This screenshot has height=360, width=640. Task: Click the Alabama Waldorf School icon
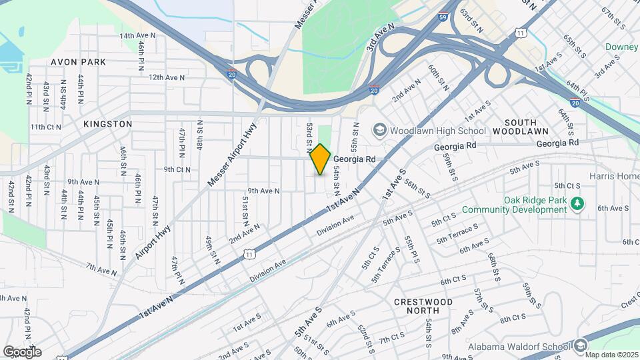pos(580,345)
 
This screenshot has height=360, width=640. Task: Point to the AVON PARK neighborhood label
pos(79,62)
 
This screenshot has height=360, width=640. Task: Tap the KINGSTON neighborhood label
pos(108,124)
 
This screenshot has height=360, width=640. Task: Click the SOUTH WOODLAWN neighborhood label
pos(530,127)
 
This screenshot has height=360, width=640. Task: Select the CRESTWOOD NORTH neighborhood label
pos(423,306)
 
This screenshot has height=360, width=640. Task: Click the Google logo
pos(22,351)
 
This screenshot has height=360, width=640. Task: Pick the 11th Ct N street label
pos(46,127)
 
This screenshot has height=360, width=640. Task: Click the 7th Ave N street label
pos(101,269)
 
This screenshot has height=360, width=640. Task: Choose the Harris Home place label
pos(614,176)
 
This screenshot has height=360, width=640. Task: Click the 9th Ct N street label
pos(177,169)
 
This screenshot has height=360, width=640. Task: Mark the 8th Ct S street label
pos(514,319)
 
